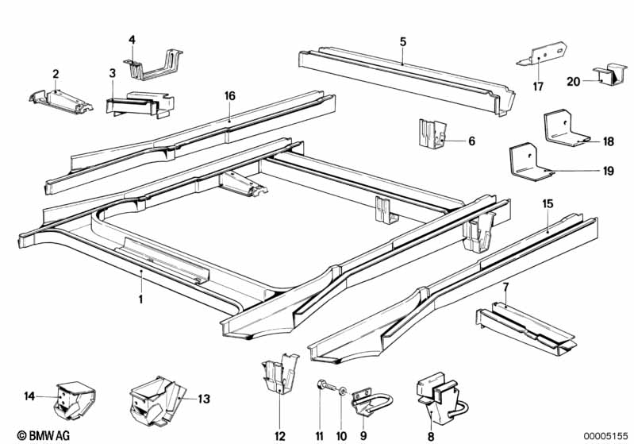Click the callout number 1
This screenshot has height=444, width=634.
(141, 299)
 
